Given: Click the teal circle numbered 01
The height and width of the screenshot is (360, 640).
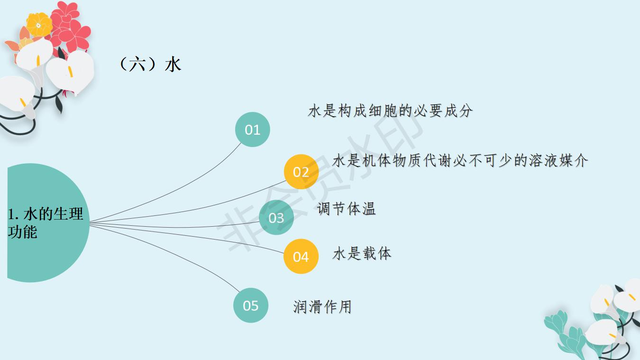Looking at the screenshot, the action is (253, 129).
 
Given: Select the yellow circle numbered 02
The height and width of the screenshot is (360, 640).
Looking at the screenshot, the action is (301, 172).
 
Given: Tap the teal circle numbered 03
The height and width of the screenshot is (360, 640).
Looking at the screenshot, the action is (276, 217).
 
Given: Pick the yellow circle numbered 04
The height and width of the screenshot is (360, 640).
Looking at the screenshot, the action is (301, 257).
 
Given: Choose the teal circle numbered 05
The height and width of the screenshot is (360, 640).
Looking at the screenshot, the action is (251, 305).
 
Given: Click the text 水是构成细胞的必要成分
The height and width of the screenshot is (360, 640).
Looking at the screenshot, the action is (390, 111).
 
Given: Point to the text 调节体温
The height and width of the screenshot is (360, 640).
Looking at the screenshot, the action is (346, 208).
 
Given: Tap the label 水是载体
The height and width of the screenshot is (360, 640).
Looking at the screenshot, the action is (362, 254).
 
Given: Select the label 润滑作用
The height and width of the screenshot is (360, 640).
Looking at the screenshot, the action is (322, 307).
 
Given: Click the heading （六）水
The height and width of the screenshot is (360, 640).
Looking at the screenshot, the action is (149, 64).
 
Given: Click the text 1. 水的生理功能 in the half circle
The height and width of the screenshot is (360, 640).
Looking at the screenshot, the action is (45, 223).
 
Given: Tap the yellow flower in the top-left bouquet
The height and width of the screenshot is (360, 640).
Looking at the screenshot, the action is (39, 24).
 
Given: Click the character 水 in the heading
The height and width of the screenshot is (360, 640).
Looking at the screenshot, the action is (173, 64).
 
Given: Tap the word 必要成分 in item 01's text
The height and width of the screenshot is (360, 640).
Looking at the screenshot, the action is (443, 111).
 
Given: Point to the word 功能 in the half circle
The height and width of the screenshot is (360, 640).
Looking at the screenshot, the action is (22, 232).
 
